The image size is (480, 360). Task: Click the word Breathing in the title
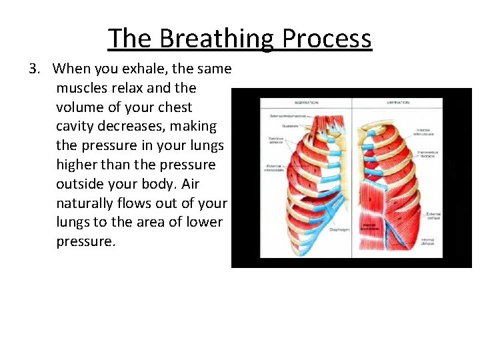tap(217, 39)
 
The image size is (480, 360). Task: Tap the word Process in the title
tap(327, 39)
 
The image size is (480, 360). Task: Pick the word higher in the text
tap(79, 164)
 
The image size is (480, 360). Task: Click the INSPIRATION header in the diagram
tap(306, 103)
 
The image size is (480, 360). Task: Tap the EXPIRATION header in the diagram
tap(398, 103)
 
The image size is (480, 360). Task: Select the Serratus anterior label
tap(277, 141)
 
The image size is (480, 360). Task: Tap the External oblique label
tap(431, 215)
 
